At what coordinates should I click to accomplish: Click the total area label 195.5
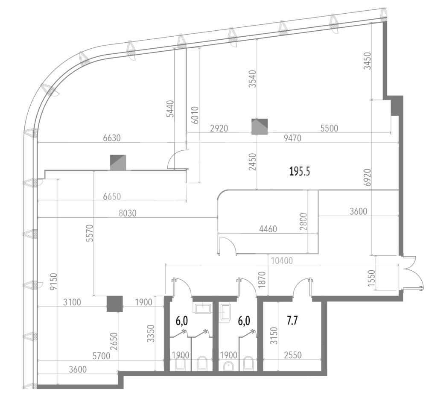point(300,172)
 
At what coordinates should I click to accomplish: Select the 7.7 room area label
point(292,321)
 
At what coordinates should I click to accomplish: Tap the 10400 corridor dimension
point(282,261)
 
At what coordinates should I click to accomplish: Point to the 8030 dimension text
point(128,213)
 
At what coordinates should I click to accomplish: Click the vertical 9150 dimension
point(54,282)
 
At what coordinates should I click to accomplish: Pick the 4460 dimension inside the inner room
point(268,229)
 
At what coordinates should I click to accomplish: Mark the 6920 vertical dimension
point(368,178)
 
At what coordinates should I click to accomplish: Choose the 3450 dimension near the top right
point(368,61)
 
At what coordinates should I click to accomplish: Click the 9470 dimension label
point(292,138)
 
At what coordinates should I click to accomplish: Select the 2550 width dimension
point(292,355)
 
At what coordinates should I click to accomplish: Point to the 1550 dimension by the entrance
point(372,278)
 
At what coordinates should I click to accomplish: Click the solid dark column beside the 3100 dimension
point(115,304)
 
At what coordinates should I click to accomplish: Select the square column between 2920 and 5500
point(260,127)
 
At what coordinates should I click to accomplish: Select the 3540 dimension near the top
point(253,79)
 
